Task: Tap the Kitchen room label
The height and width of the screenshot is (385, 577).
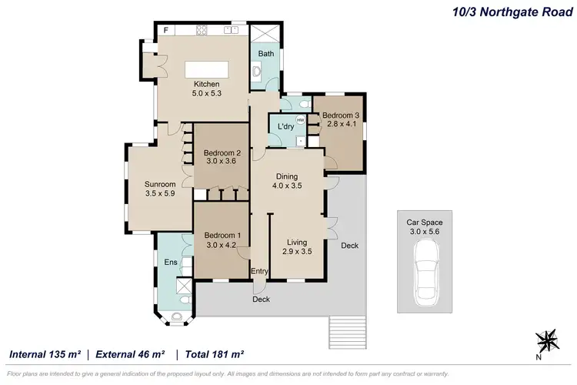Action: [x=206, y=85]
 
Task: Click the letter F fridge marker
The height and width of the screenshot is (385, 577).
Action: [x=166, y=30]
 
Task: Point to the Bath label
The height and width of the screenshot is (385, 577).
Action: [x=265, y=54]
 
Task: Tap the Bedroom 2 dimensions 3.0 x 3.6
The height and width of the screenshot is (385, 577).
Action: [x=221, y=162]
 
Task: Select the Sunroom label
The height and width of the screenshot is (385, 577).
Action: [x=160, y=185]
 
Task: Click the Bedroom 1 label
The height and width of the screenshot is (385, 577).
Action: [x=221, y=236]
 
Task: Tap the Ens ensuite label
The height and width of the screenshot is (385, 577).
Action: [x=171, y=263]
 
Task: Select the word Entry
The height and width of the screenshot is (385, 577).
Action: [x=259, y=271]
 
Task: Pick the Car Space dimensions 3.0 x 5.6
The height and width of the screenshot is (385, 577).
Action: [x=425, y=231]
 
